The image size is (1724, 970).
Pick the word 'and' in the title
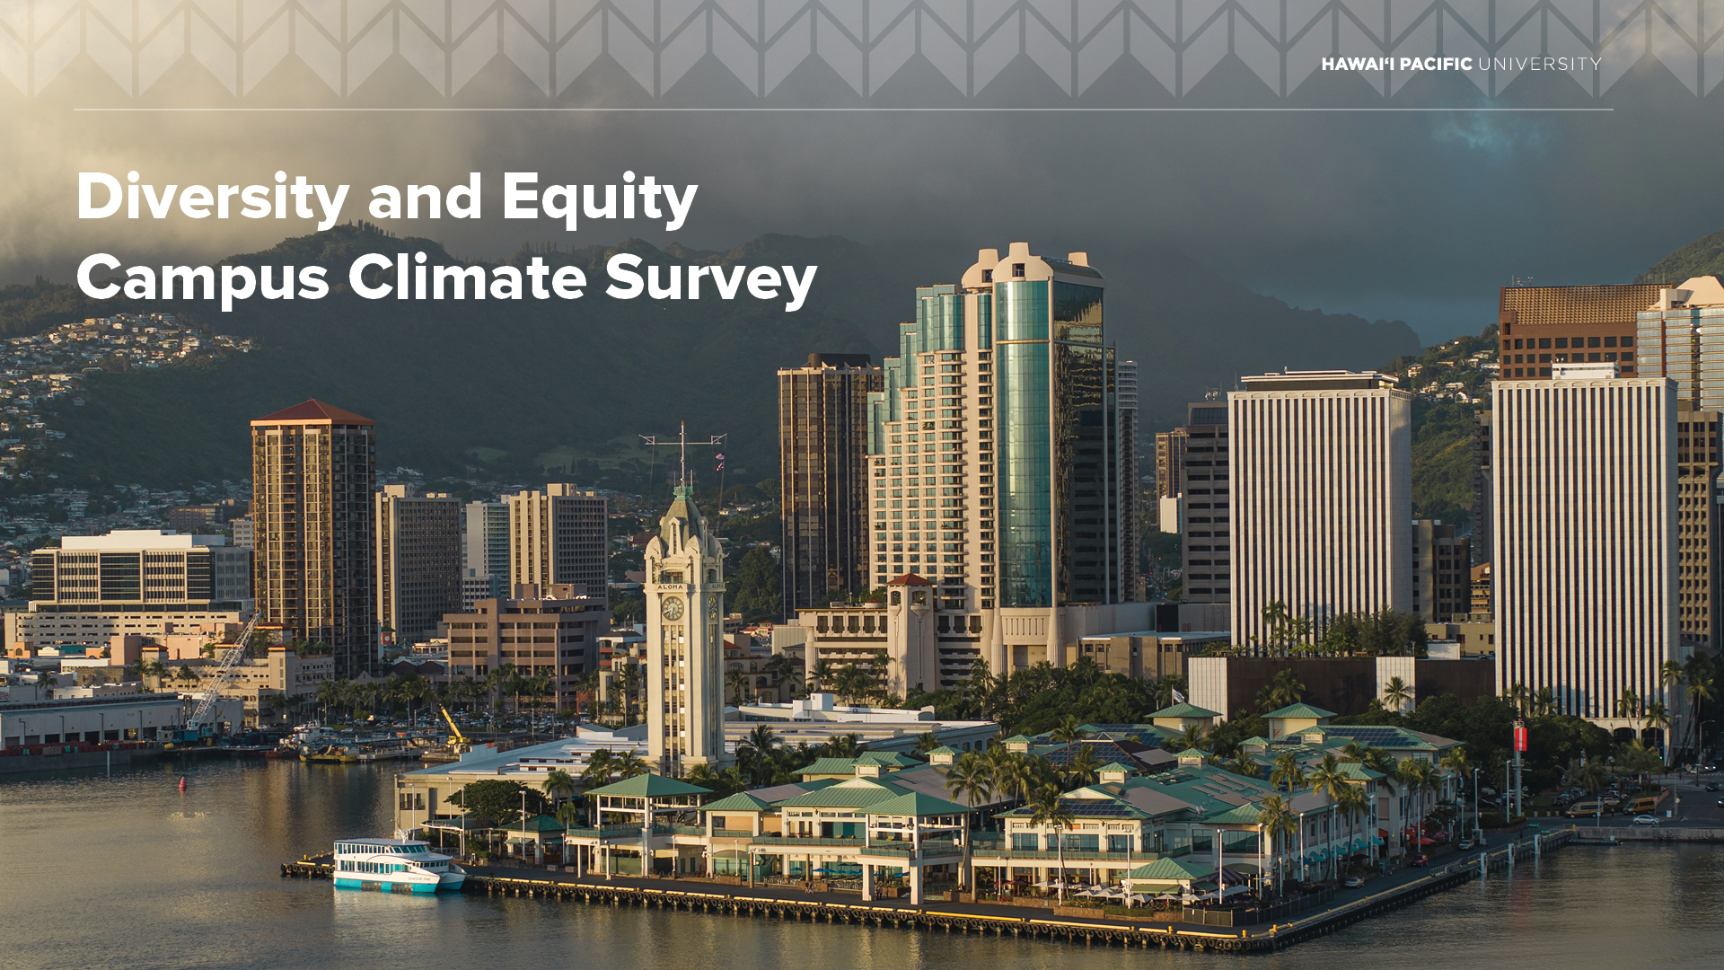(426, 198)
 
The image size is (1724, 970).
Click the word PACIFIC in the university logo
(1436, 64)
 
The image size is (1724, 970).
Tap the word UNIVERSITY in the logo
(1540, 64)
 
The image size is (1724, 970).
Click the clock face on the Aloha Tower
(672, 609)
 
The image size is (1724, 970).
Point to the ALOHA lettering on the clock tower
(671, 586)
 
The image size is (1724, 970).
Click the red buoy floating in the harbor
(184, 784)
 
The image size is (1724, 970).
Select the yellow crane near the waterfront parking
(453, 727)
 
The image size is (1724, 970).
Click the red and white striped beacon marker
(1520, 738)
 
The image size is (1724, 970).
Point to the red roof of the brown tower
(312, 413)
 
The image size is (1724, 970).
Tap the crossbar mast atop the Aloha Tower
(682, 440)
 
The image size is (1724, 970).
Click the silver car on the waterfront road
(1646, 819)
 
